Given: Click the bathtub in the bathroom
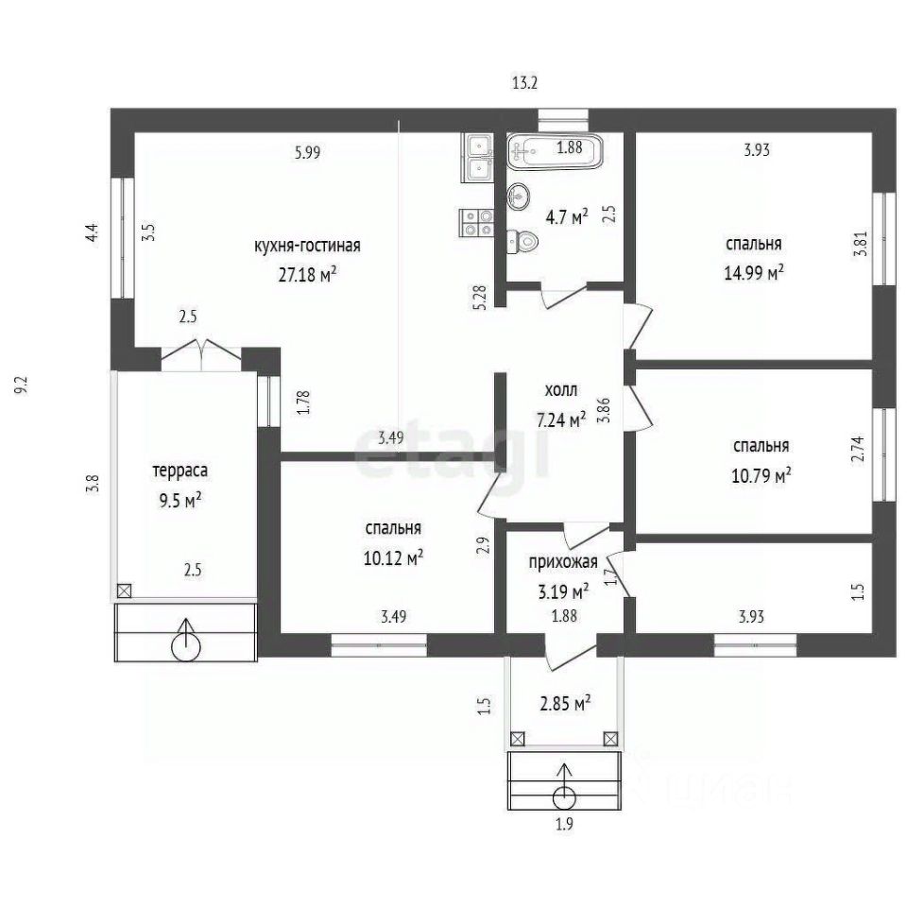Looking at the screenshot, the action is tap(556, 151).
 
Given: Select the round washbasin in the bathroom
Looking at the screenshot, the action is tap(519, 197).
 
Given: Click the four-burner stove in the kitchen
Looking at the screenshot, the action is tap(476, 223).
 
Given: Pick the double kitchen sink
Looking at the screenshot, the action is tap(477, 158).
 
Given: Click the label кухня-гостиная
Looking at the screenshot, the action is tap(307, 246).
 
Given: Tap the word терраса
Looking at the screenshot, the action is tap(180, 471).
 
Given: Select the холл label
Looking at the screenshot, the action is tap(561, 390).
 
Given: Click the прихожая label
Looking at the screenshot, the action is tap(563, 562).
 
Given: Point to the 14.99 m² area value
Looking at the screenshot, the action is tap(754, 272).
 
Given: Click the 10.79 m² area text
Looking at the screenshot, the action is tap(762, 476).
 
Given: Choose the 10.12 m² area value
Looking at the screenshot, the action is tap(393, 558).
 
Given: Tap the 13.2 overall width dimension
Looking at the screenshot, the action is tap(524, 83).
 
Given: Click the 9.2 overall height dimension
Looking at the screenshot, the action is tap(22, 385).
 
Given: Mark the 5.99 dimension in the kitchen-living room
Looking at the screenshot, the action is tap(307, 153).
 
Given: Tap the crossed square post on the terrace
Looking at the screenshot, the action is tap(124, 590).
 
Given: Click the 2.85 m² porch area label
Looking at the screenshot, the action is tap(565, 704).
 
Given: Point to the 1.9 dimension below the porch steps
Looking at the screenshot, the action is tap(564, 824).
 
